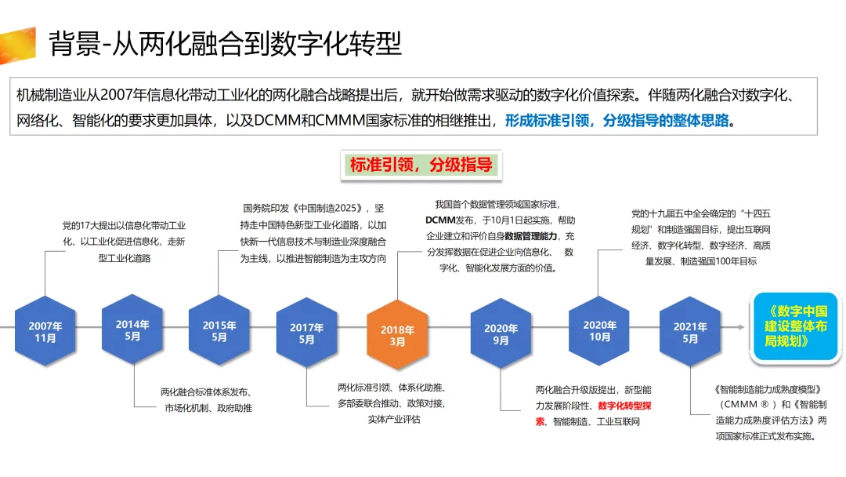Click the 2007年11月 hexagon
click(45, 332)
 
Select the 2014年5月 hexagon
click(132, 330)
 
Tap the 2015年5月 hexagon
click(219, 331)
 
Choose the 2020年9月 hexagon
click(501, 334)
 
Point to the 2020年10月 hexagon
click(599, 330)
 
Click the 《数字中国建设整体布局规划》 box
click(797, 327)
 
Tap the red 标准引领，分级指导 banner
click(421, 166)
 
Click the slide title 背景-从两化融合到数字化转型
click(226, 44)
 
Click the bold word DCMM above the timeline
click(442, 220)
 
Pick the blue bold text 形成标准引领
click(548, 120)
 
